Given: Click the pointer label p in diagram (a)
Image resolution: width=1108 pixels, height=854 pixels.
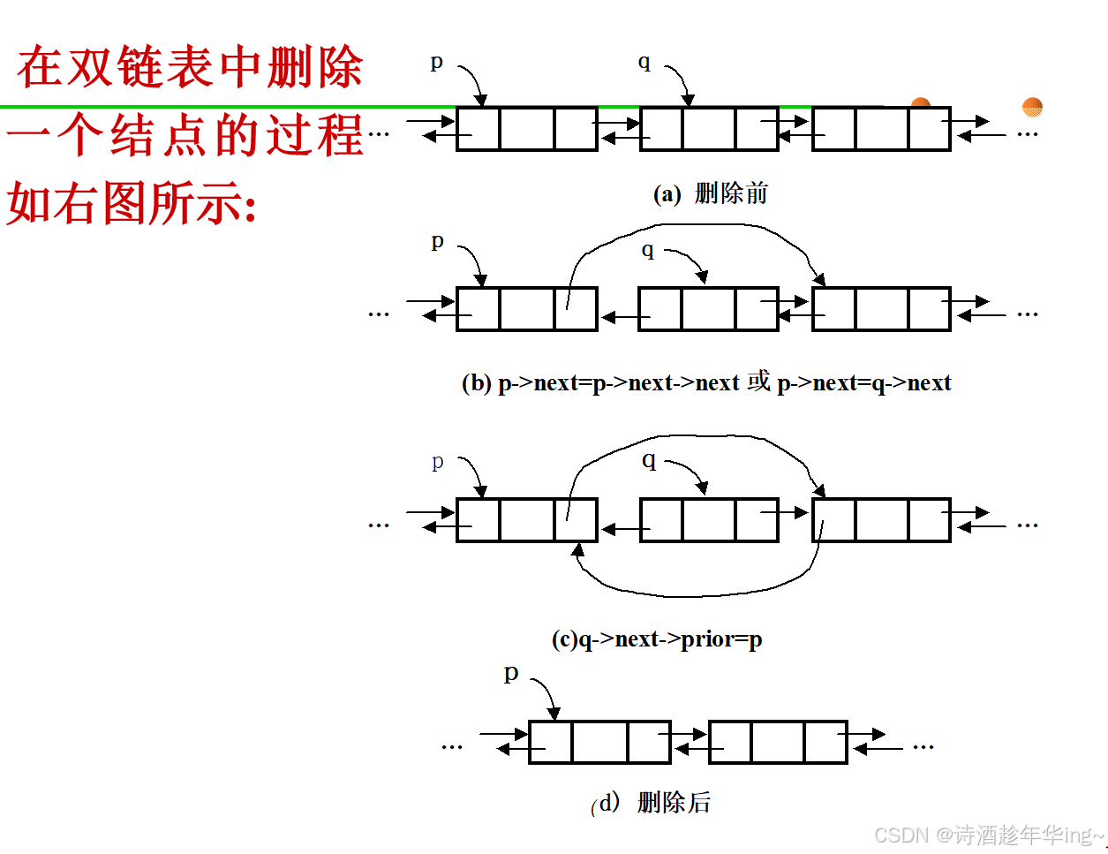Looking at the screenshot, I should tap(436, 62).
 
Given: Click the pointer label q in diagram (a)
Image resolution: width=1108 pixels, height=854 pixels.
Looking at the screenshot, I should tap(644, 62).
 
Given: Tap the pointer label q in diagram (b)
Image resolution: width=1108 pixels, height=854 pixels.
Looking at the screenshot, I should tap(648, 250).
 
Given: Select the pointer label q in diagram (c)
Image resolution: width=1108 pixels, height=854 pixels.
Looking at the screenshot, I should tap(649, 460).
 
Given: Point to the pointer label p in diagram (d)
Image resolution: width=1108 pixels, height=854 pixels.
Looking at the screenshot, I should tap(511, 672).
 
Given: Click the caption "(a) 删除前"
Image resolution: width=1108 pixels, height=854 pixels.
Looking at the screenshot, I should tap(710, 193).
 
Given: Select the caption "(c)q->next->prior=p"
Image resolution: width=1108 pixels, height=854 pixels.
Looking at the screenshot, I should tap(657, 639).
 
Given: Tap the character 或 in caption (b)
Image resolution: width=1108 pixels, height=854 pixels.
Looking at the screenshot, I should tap(758, 382).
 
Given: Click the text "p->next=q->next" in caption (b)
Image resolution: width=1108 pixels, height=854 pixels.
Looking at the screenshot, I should tap(863, 382).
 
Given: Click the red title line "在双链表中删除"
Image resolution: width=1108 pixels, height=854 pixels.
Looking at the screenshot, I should tap(190, 67).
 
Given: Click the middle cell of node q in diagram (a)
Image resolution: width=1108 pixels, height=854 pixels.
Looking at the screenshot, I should tap(708, 129).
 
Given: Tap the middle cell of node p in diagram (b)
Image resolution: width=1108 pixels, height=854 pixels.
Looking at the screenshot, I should tap(527, 309).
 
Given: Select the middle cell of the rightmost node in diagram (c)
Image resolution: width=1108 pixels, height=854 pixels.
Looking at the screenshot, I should tap(881, 520).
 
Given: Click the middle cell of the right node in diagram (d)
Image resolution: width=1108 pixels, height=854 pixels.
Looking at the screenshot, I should tap(778, 742).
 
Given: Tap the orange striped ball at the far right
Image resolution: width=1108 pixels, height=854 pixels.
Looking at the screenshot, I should tap(1032, 107).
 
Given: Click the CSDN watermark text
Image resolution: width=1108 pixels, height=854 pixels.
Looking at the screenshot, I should tap(989, 835).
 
